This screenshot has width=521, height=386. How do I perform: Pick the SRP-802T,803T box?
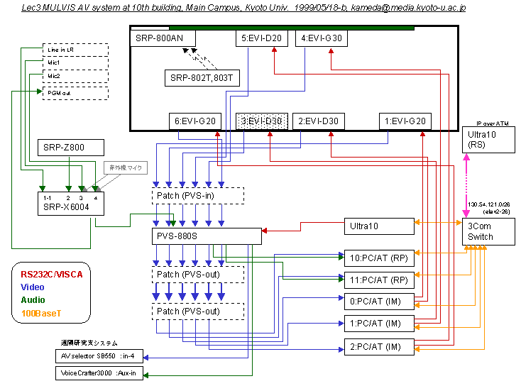tap(202, 77)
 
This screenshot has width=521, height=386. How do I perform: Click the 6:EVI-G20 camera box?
tap(195, 121)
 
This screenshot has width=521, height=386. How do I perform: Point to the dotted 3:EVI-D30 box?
tap(260, 121)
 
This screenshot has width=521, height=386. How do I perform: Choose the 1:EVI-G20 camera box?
tap(405, 121)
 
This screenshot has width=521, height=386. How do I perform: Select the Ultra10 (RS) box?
tap(488, 140)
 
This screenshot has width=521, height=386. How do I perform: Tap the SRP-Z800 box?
tap(70, 148)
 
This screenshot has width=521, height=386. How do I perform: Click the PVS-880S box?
tap(207, 236)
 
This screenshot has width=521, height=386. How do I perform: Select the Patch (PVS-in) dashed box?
tap(198, 194)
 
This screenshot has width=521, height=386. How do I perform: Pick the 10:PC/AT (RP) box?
tap(378, 257)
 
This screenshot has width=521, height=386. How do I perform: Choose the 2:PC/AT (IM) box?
tap(378, 346)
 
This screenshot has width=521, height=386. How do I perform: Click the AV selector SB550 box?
tap(100, 355)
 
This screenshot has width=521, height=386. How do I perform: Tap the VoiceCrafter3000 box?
tap(100, 373)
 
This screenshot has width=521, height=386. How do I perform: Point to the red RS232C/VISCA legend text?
tap(52, 273)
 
